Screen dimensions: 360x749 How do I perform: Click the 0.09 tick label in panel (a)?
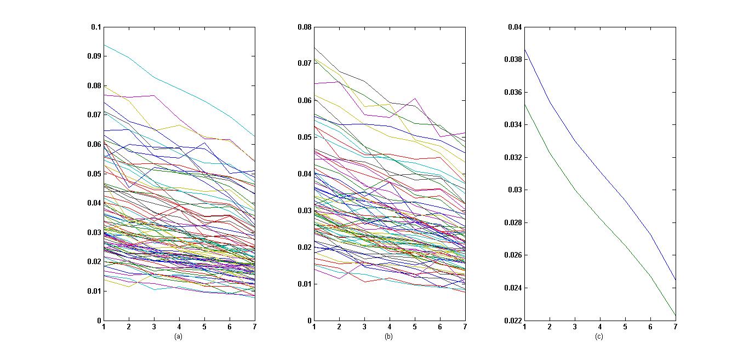tap(94, 56)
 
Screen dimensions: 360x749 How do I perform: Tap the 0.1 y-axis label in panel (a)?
tap(96, 27)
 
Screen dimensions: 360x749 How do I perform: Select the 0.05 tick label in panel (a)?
tap(94, 174)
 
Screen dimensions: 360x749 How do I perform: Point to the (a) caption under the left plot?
tap(178, 336)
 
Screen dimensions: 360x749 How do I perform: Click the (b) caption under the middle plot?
tap(388, 336)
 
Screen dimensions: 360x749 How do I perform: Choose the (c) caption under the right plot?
tap(599, 336)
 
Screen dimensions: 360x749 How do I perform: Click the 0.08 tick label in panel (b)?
tap(305, 27)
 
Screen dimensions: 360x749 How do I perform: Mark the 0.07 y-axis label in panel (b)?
tap(305, 64)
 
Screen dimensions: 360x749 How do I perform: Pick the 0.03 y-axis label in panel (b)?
tap(305, 210)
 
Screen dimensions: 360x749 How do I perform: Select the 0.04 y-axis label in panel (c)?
tap(515, 27)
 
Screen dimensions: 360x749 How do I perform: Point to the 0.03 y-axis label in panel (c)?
tap(515, 190)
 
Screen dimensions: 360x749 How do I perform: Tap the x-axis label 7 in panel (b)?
tap(465, 327)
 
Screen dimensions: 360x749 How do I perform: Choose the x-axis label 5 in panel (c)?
tap(625, 327)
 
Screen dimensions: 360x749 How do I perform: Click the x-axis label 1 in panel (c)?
tap(524, 327)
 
